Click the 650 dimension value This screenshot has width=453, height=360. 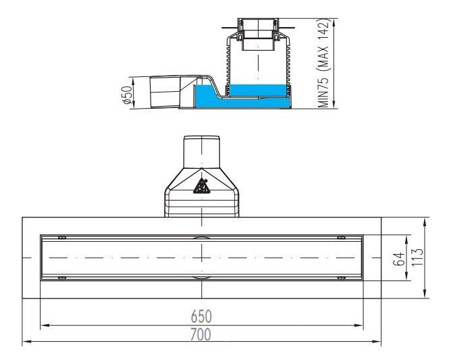coord(201,316)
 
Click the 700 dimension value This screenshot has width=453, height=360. coord(201,334)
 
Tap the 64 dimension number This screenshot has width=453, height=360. coord(399,259)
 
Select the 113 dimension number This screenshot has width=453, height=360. coord(417,257)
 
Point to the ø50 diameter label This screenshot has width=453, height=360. coord(128,95)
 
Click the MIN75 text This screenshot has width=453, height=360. coord(323,93)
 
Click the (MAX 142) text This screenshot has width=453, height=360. coord(323,46)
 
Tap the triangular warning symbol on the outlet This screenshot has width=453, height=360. coord(202,186)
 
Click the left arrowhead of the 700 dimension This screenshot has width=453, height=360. coord(26,342)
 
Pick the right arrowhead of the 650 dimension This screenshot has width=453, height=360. coord(358,326)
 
